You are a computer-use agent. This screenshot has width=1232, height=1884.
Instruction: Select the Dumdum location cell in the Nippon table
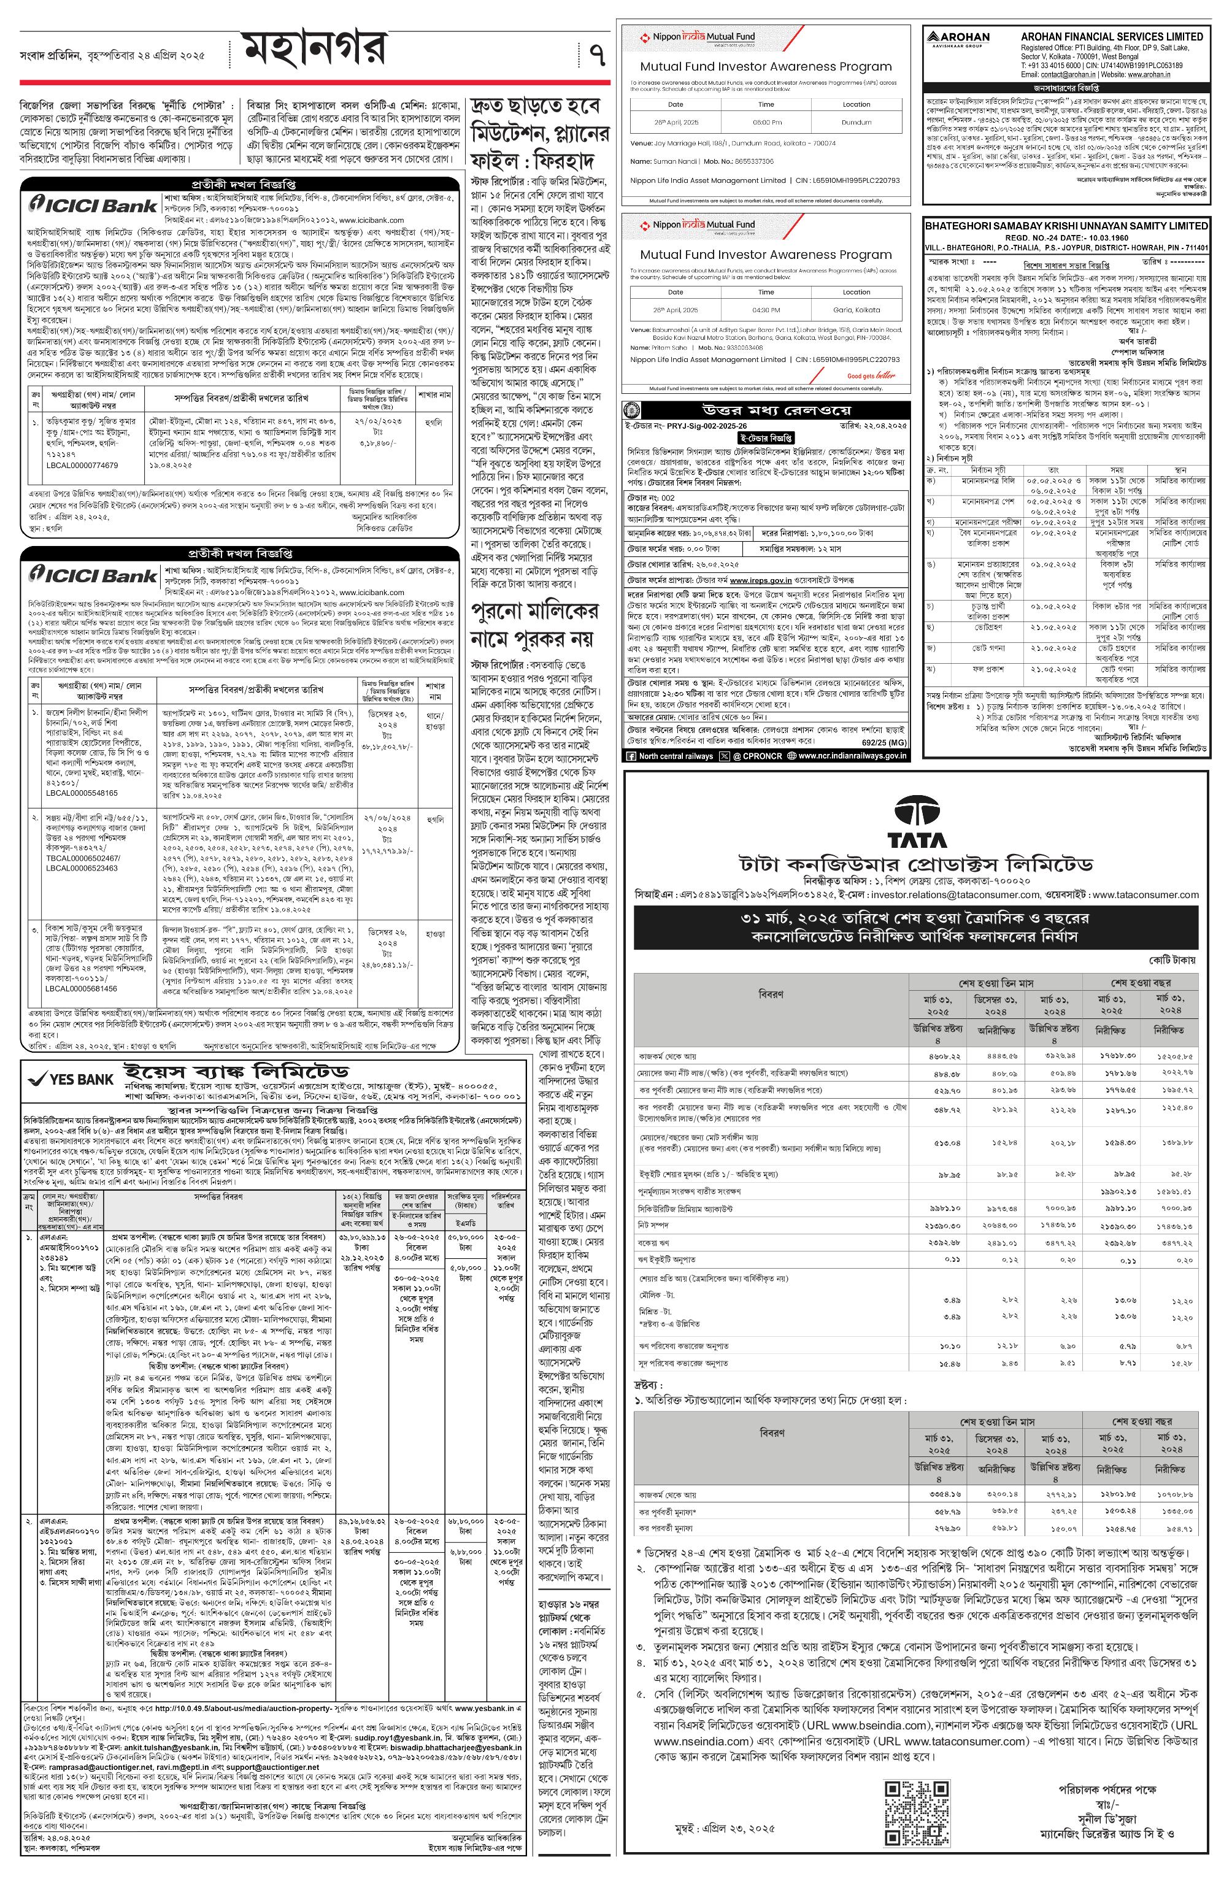click(856, 123)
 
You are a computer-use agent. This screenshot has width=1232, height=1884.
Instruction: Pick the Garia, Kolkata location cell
click(856, 310)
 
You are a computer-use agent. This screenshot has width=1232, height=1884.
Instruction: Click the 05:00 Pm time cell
click(766, 123)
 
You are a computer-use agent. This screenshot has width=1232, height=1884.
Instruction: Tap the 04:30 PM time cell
click(766, 310)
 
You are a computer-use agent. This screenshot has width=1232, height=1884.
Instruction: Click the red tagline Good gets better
click(871, 376)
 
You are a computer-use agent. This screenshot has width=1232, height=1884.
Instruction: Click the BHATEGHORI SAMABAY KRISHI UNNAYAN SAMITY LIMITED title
click(1066, 226)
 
